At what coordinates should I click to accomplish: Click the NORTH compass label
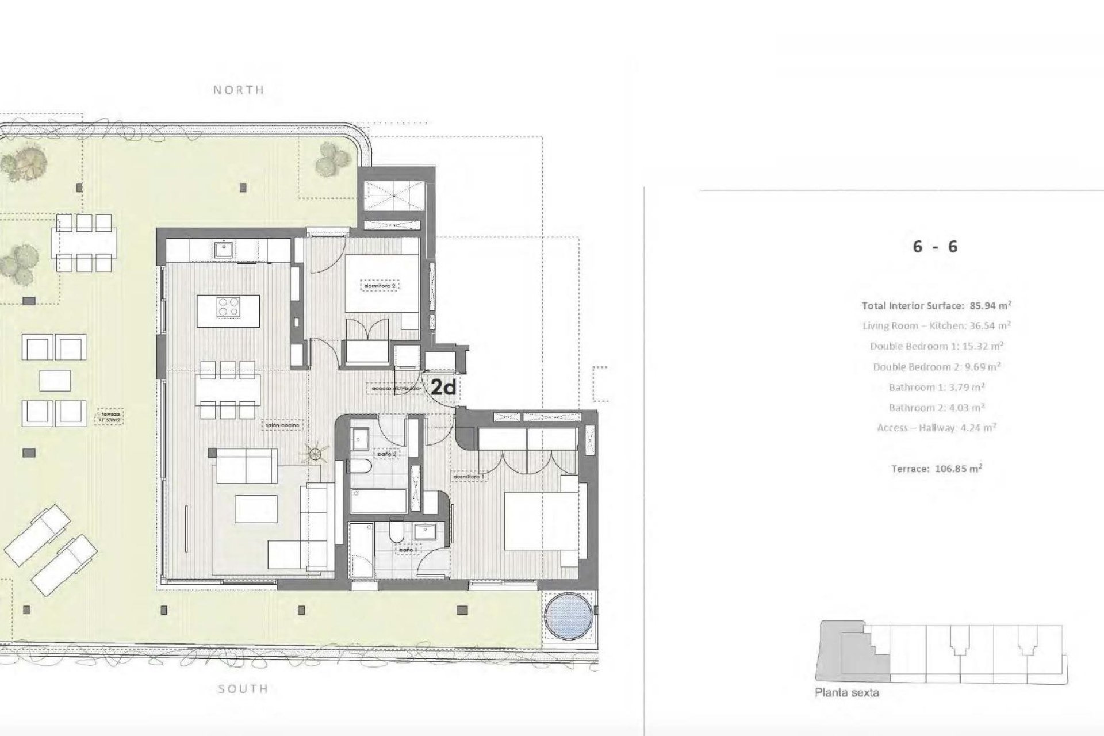coord(239,90)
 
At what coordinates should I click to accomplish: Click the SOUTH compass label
coord(243,689)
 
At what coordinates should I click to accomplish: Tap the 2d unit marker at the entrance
coord(443,388)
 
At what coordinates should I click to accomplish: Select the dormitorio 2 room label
coord(380,285)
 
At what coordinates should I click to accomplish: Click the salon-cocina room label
coord(282,426)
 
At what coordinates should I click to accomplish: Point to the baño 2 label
coord(386,454)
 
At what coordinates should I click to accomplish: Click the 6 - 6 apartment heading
coord(935,247)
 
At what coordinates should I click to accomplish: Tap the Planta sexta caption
coord(846,692)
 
